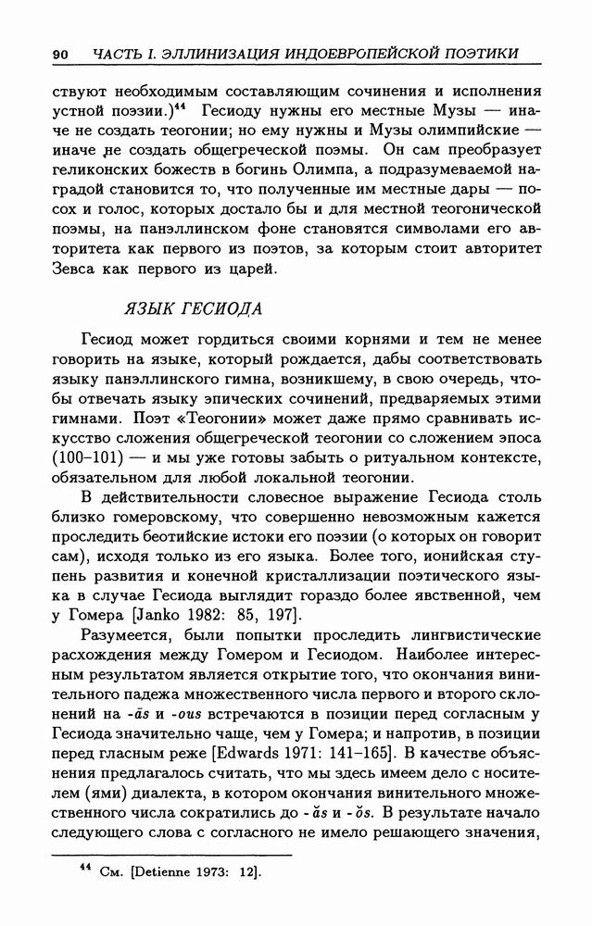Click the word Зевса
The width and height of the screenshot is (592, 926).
click(78, 269)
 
